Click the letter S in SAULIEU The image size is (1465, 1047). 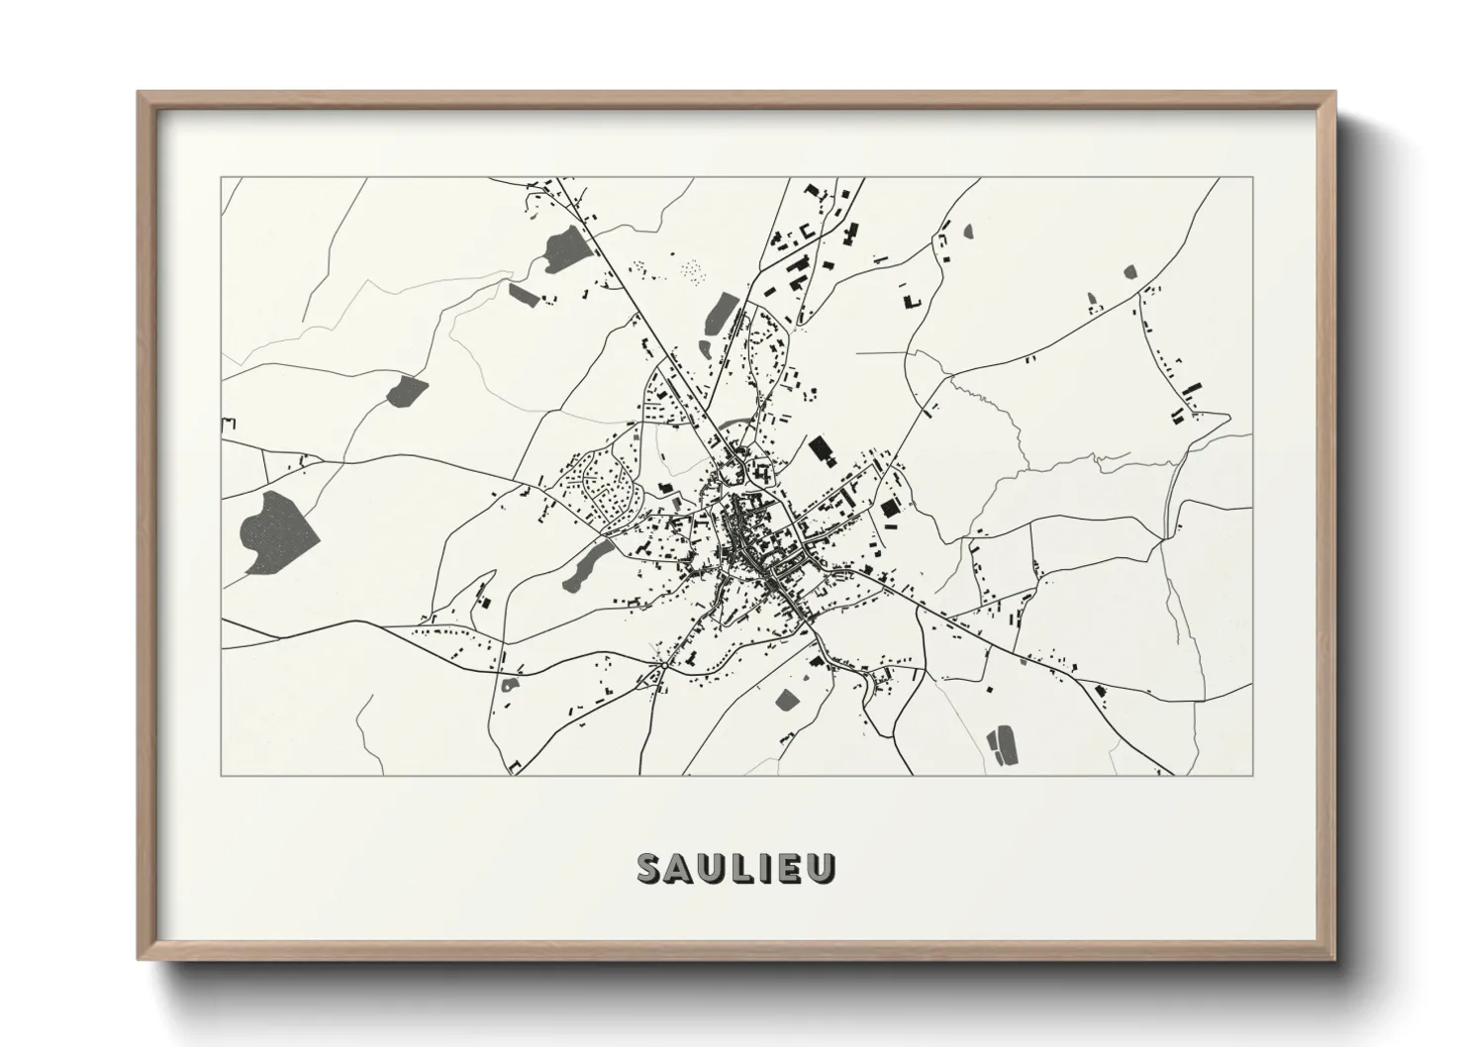pos(651,867)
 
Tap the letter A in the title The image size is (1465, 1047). pos(681,867)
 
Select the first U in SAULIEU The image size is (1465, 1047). pos(713,867)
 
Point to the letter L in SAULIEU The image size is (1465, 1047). pos(742,867)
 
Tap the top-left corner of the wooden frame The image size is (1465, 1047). pos(139,93)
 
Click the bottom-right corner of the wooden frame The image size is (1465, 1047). pos(1334,958)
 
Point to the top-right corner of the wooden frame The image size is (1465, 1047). pos(1334,93)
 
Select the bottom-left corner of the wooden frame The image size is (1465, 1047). pos(139,958)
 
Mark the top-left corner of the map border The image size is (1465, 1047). pos(222,178)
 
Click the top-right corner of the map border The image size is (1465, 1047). pos(1252,178)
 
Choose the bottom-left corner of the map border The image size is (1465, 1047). pos(222,775)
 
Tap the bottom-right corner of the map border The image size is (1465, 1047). pos(1252,775)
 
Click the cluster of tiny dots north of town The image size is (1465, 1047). pos(693,268)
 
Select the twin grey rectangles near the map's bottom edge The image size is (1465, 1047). pos(1002,743)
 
